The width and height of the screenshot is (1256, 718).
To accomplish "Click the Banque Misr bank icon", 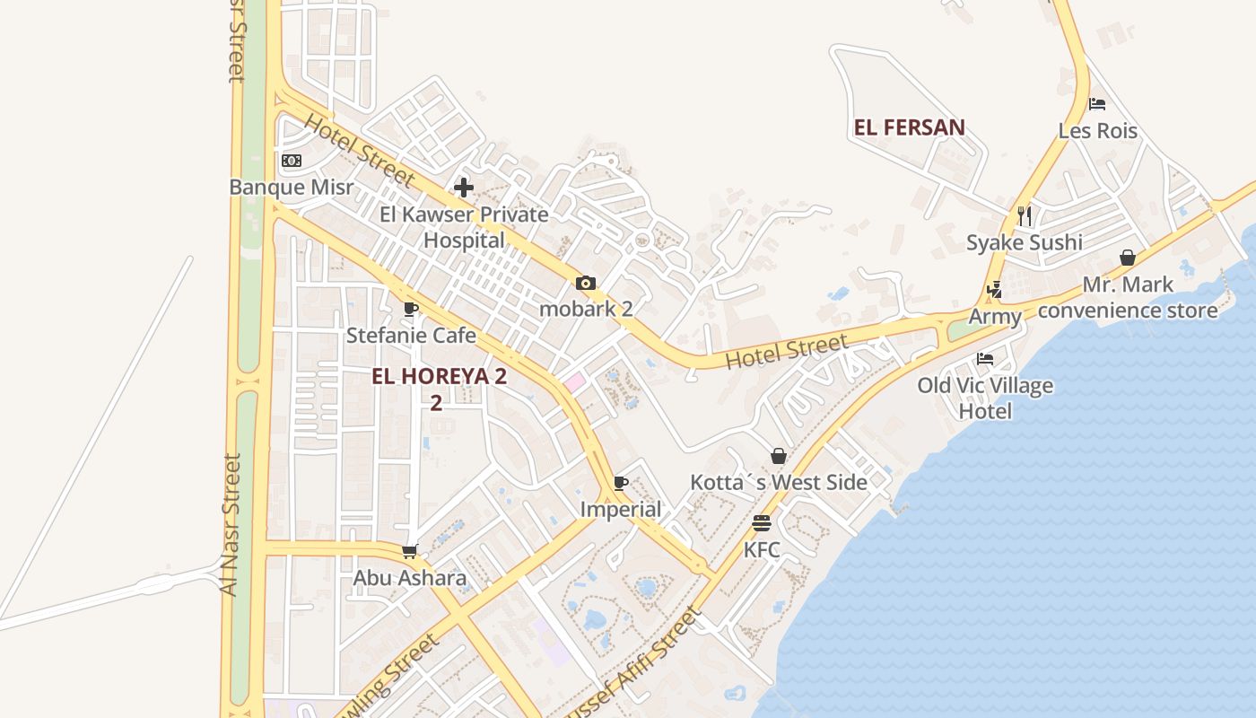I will click(292, 161).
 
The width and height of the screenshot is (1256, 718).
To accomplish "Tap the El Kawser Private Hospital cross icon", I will click(464, 188).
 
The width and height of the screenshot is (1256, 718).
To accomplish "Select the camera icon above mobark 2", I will click(585, 284).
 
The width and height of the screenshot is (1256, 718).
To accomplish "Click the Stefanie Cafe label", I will click(411, 336).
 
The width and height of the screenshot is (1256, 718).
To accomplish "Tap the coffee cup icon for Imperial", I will click(620, 484).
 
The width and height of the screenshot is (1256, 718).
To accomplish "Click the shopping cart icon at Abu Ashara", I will click(410, 551).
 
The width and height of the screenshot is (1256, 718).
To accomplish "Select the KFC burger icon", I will click(762, 523).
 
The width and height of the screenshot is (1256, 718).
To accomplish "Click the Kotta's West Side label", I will click(778, 482).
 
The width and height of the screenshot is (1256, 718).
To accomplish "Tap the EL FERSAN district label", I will click(909, 127).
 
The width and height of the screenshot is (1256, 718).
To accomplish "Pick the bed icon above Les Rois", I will click(1096, 104).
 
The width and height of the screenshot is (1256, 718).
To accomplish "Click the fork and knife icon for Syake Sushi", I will click(1025, 215).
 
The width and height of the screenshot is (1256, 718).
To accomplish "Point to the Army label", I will click(995, 317).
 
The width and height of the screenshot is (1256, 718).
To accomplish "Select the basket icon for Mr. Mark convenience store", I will click(1128, 258).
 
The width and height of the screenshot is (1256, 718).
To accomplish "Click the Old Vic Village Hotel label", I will click(985, 398).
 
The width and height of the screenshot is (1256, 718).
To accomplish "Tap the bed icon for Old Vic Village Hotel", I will click(985, 359).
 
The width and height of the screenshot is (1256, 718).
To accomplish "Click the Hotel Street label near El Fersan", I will click(786, 351).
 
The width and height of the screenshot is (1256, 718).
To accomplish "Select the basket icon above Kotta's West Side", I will click(779, 456).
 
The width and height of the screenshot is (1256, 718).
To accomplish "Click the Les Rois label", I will click(1097, 131).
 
